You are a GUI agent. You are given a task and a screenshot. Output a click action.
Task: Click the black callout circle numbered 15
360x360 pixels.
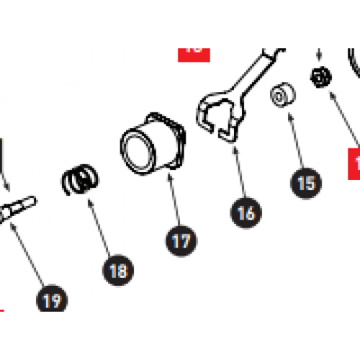click(306, 183)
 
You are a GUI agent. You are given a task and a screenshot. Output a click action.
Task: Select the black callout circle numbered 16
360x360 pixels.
click(246, 212)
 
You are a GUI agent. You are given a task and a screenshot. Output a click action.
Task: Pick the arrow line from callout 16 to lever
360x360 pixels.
click(238, 173)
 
